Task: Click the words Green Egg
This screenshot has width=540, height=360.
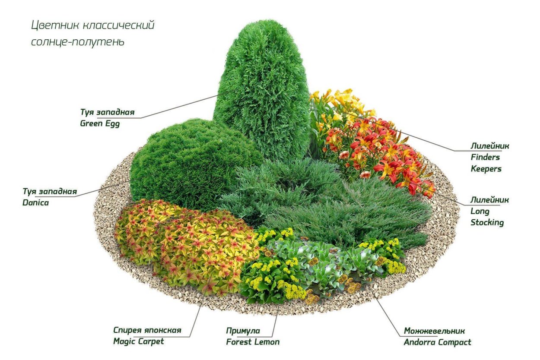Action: point(100,123)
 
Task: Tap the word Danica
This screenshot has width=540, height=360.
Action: point(35,202)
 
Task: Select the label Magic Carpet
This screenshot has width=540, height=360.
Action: point(139,342)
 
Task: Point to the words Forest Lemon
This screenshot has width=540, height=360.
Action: point(253,342)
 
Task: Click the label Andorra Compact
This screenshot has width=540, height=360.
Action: point(437,342)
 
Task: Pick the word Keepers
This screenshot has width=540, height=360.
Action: point(486,169)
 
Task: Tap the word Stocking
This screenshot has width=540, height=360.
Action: point(487,223)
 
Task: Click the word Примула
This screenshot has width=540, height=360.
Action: point(243,331)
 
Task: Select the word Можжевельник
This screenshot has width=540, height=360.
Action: point(434,331)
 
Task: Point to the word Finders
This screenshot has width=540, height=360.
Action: point(485,157)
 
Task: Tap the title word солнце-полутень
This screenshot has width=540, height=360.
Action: point(78,42)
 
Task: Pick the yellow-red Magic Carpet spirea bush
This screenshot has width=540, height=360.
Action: point(186,246)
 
